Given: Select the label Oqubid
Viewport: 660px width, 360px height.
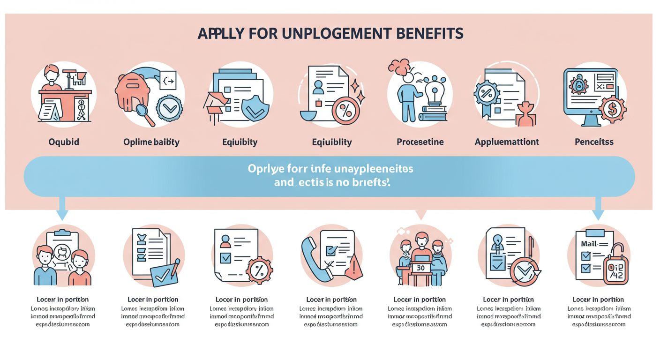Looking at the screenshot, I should pos(64,142).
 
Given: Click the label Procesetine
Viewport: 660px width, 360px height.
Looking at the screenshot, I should pos(420,142).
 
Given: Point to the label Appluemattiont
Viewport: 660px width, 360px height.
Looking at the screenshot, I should pos(507,142).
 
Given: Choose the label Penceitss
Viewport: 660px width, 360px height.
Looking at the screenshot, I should pos(594,142).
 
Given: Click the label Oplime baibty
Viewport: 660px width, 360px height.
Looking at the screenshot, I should pos(151,142).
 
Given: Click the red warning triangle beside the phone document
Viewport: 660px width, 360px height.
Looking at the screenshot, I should pos(354,267).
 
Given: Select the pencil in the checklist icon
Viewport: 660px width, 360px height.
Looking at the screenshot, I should pos(174,267).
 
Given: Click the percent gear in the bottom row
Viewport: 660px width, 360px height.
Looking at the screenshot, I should pos(259,270).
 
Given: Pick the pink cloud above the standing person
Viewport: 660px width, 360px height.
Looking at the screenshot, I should pos(400,67).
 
